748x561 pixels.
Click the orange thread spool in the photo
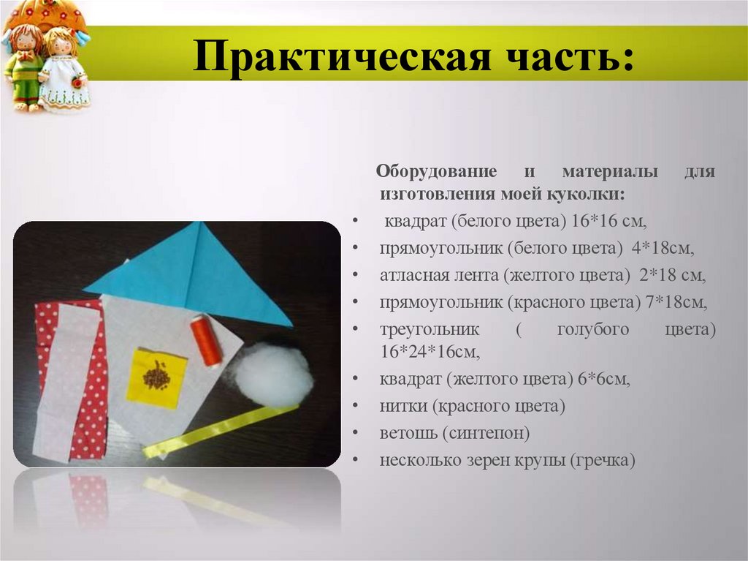(207, 340)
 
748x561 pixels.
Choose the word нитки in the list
(402, 406)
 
